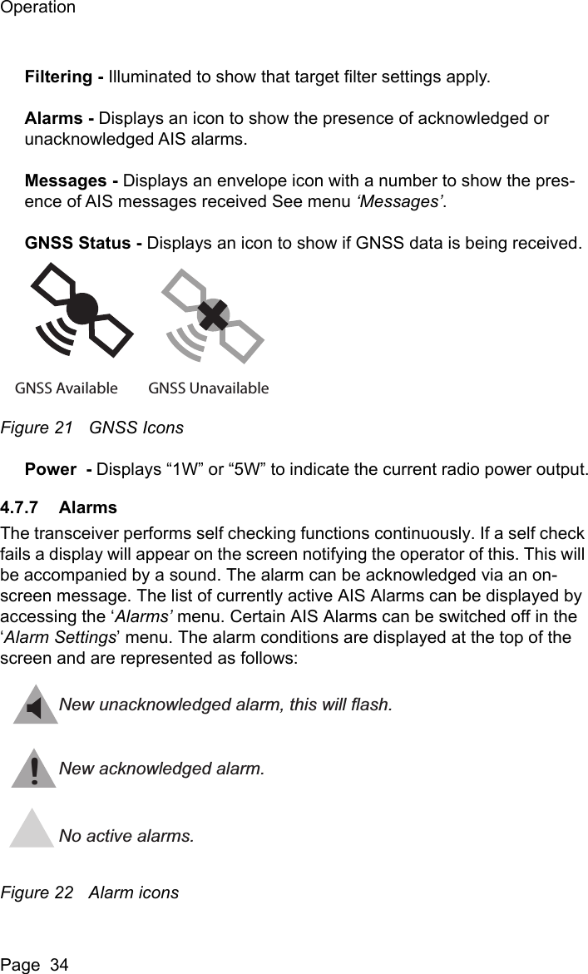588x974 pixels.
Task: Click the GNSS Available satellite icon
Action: click(81, 311)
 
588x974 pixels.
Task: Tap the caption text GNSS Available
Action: click(67, 388)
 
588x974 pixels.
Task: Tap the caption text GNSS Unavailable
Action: click(209, 388)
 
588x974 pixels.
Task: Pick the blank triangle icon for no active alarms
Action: click(33, 830)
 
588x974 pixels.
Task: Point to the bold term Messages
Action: click(69, 181)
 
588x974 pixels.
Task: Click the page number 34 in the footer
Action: click(58, 965)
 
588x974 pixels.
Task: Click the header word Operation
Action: click(38, 8)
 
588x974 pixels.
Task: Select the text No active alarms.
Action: click(127, 834)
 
